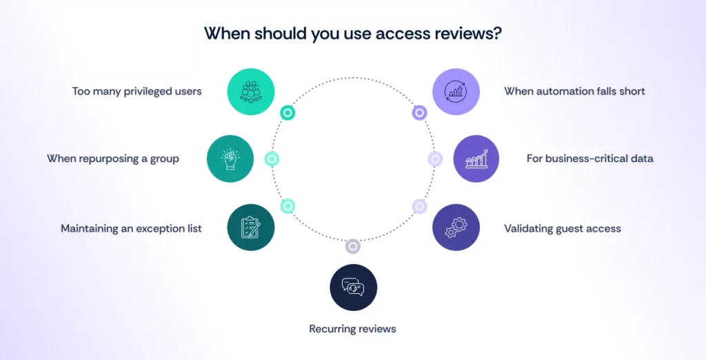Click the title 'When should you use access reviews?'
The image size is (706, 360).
click(352, 34)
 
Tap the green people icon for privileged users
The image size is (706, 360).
click(251, 91)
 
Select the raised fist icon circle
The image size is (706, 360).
click(230, 159)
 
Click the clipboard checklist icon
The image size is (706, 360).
click(251, 227)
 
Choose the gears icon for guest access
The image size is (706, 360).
click(456, 227)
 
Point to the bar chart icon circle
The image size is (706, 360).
click(476, 159)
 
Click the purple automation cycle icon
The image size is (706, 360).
click(456, 91)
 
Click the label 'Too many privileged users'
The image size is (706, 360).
click(137, 91)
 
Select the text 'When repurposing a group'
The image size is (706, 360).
click(113, 159)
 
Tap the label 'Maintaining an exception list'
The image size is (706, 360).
click(131, 228)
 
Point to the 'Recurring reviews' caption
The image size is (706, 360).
click(353, 329)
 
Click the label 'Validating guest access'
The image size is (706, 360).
click(563, 228)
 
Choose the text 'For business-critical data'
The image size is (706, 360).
click(589, 159)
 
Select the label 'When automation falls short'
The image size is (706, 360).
click(574, 91)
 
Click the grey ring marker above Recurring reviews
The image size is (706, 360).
click(353, 246)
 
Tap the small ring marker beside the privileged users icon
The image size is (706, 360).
click(288, 112)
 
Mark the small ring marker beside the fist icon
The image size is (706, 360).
click(272, 159)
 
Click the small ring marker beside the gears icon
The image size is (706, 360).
click(419, 206)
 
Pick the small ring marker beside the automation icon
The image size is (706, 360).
click(419, 112)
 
